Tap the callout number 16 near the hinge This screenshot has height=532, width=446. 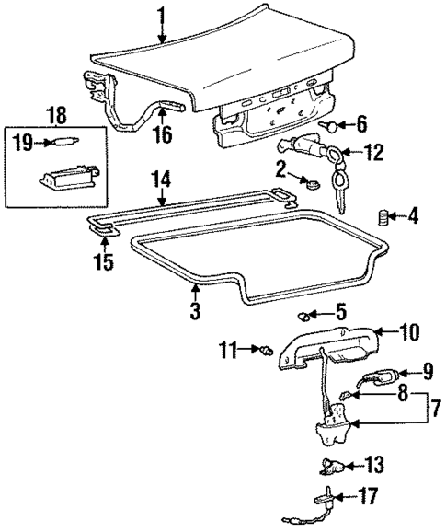tap(161, 137)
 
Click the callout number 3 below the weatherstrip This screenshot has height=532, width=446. tap(195, 311)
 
